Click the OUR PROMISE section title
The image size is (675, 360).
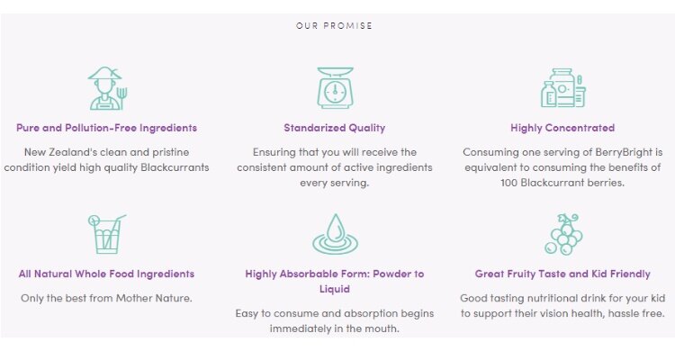coord(334,26)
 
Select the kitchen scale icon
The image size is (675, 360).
coord(335,88)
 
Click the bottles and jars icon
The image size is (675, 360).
coord(563,88)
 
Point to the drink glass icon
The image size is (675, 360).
coord(107,234)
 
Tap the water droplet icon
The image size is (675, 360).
coord(335,234)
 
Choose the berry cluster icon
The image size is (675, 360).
coord(563,234)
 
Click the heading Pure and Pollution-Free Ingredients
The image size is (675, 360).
coord(107,128)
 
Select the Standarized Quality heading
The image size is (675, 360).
coord(335,128)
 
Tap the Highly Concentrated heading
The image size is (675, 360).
coord(562,128)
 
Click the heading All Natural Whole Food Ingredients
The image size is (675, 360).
coord(106,274)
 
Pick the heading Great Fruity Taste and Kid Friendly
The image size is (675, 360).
coord(562,274)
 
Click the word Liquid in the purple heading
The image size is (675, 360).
coord(335,289)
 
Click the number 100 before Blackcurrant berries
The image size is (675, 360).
coord(509,183)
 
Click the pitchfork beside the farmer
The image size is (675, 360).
coord(121,98)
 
